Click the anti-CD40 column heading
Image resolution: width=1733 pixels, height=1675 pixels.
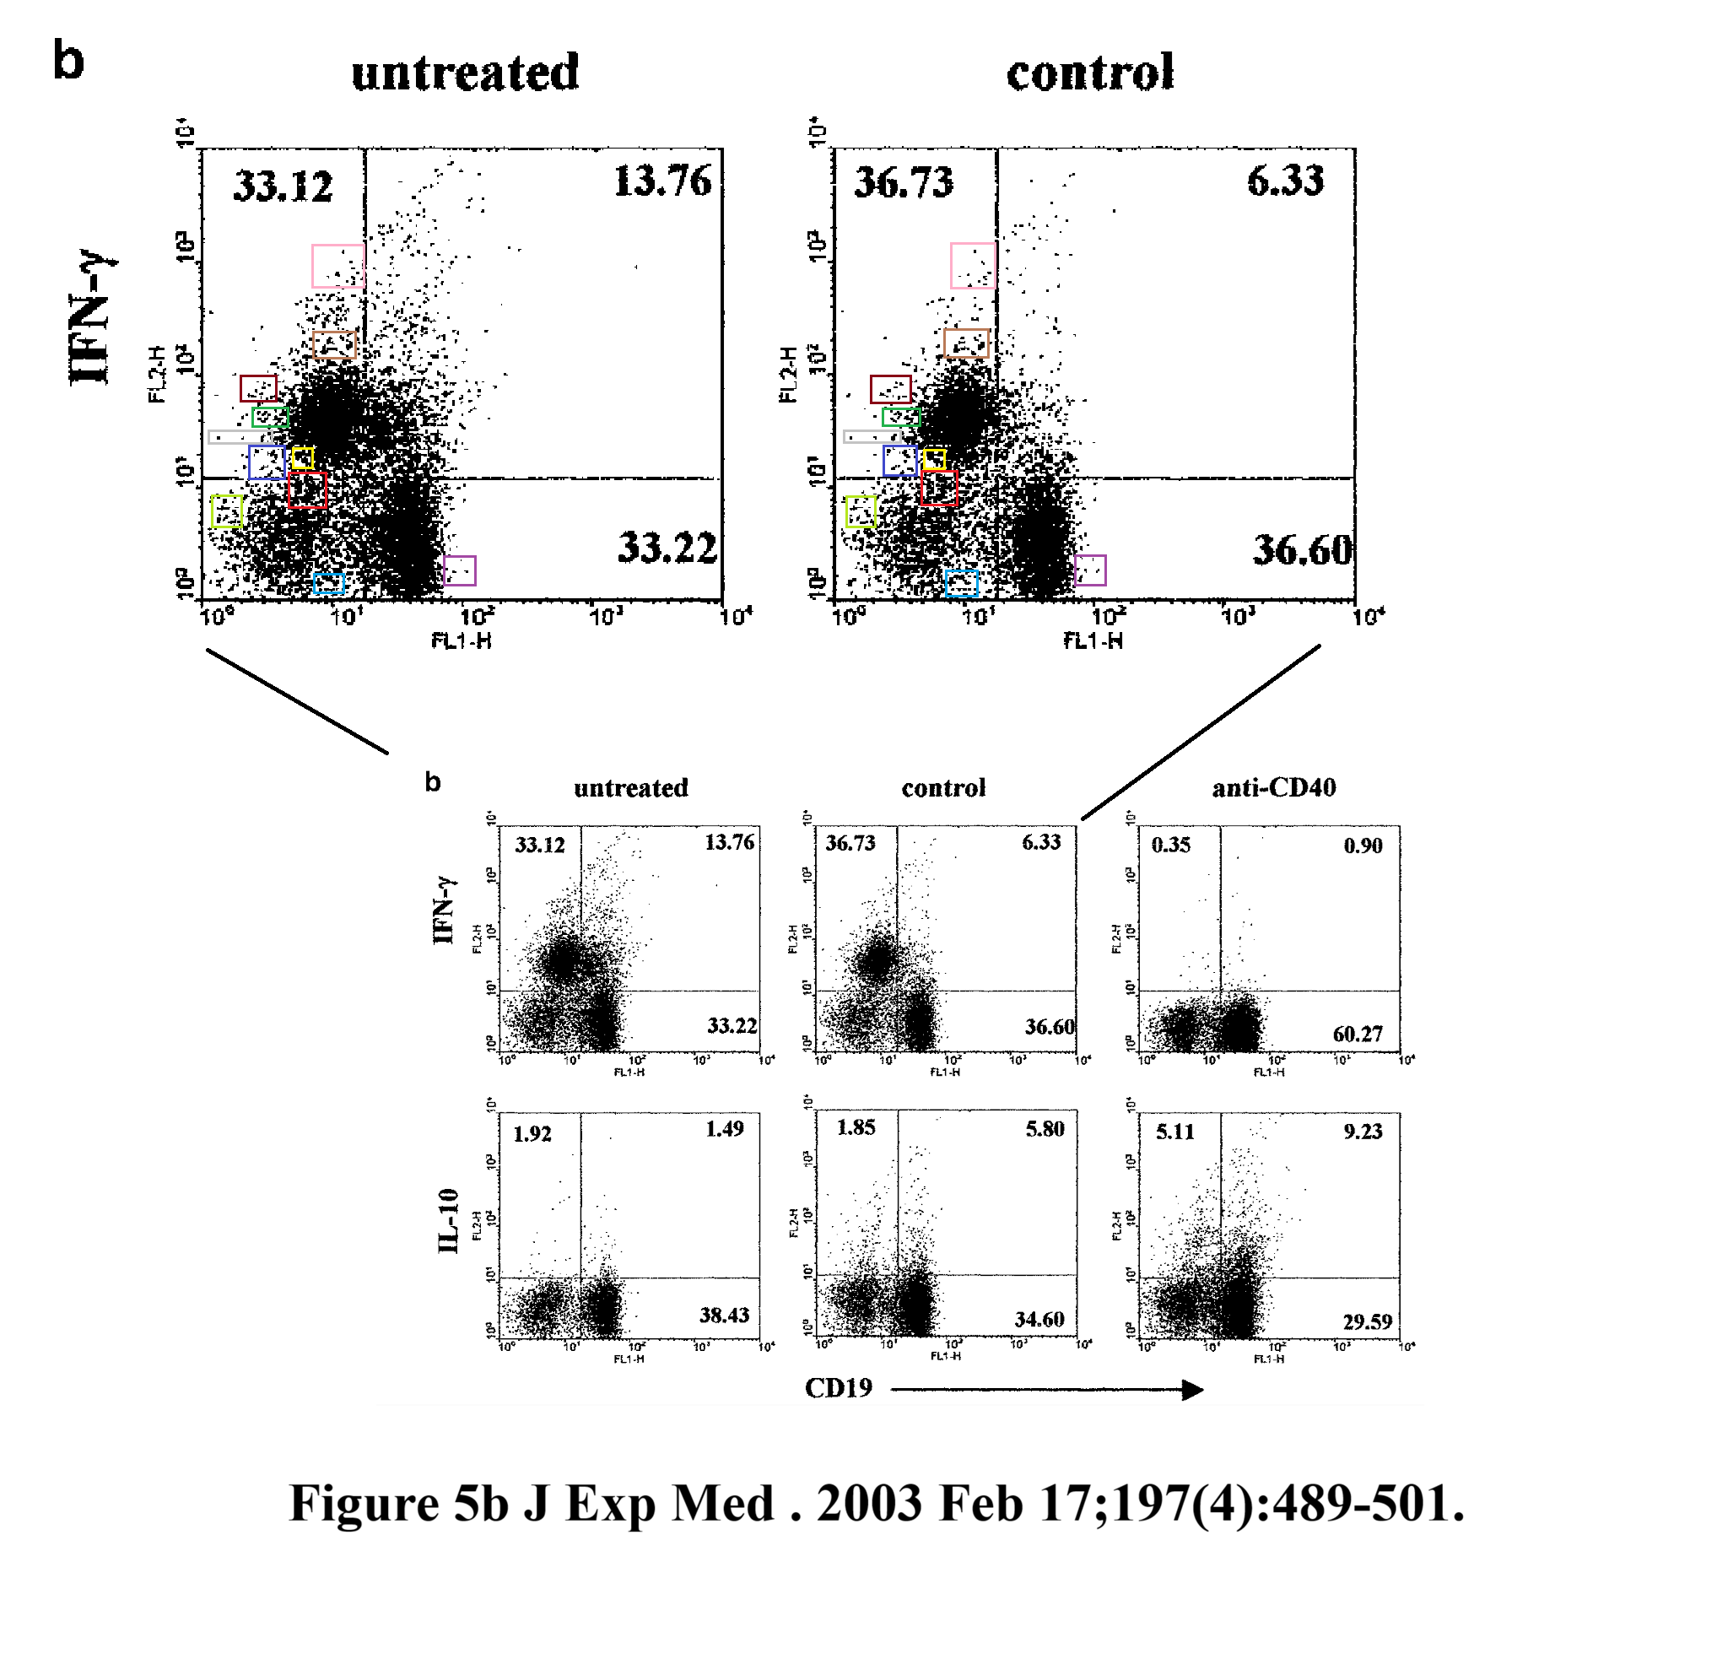pos(1273,787)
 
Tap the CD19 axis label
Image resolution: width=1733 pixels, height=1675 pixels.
pos(838,1387)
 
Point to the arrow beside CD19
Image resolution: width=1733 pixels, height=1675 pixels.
pos(1047,1389)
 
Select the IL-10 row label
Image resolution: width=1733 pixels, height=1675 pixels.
pos(449,1221)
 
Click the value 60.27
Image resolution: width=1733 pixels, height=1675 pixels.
pos(1358,1034)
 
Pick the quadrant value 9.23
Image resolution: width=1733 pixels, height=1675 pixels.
pos(1363,1131)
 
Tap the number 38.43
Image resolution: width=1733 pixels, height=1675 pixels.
pos(724,1315)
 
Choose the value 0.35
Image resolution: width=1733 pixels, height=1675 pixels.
pos(1170,845)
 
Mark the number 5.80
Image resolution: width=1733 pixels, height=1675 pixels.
pos(1045,1128)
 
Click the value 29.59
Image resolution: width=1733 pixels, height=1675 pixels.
pos(1367,1322)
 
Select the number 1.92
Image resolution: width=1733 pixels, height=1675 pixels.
pos(532,1134)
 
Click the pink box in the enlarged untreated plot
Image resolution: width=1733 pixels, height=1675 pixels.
pos(337,266)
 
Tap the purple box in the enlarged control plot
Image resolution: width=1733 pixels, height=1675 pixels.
pos(1090,570)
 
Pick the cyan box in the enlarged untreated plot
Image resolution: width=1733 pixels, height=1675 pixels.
pos(329,583)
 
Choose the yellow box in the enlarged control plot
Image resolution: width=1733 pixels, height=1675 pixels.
pos(935,460)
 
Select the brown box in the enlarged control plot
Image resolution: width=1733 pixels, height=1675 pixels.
pos(966,343)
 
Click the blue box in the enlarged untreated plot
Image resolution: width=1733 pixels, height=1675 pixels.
pos(267,462)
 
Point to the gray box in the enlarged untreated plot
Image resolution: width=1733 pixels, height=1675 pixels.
pos(235,437)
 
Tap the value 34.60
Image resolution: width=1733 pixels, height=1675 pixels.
pos(1039,1320)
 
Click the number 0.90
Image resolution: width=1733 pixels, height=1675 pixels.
pos(1363,846)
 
